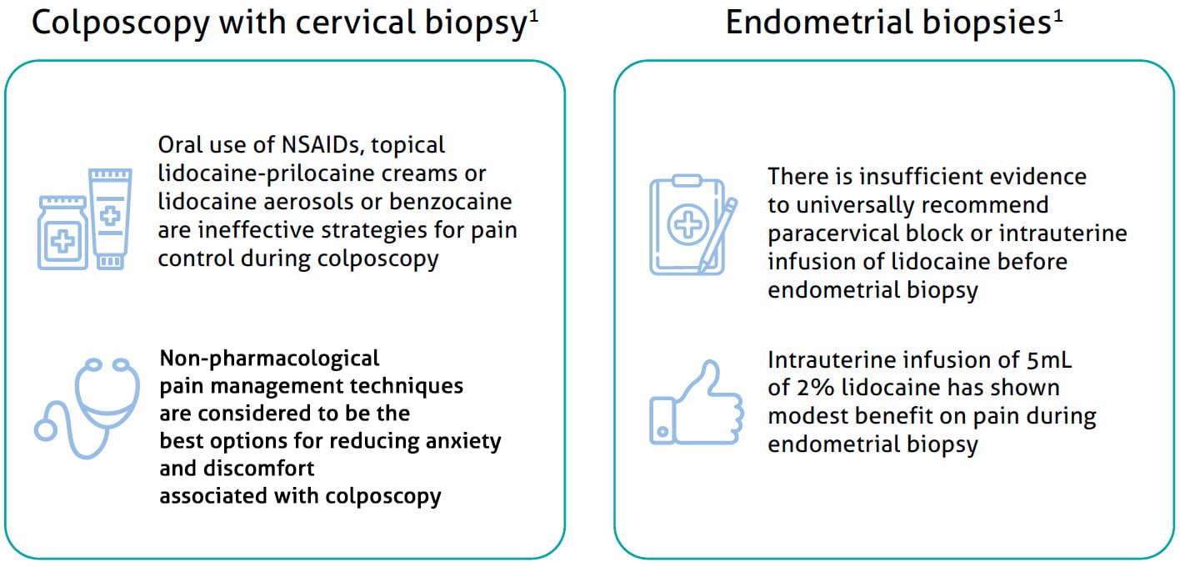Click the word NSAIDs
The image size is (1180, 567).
(322, 145)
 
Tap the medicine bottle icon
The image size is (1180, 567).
(62, 233)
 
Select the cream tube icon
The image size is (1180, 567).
(110, 218)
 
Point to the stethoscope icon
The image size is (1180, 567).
(87, 408)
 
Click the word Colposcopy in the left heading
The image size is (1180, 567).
(121, 23)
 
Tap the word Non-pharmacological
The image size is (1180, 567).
(269, 359)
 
